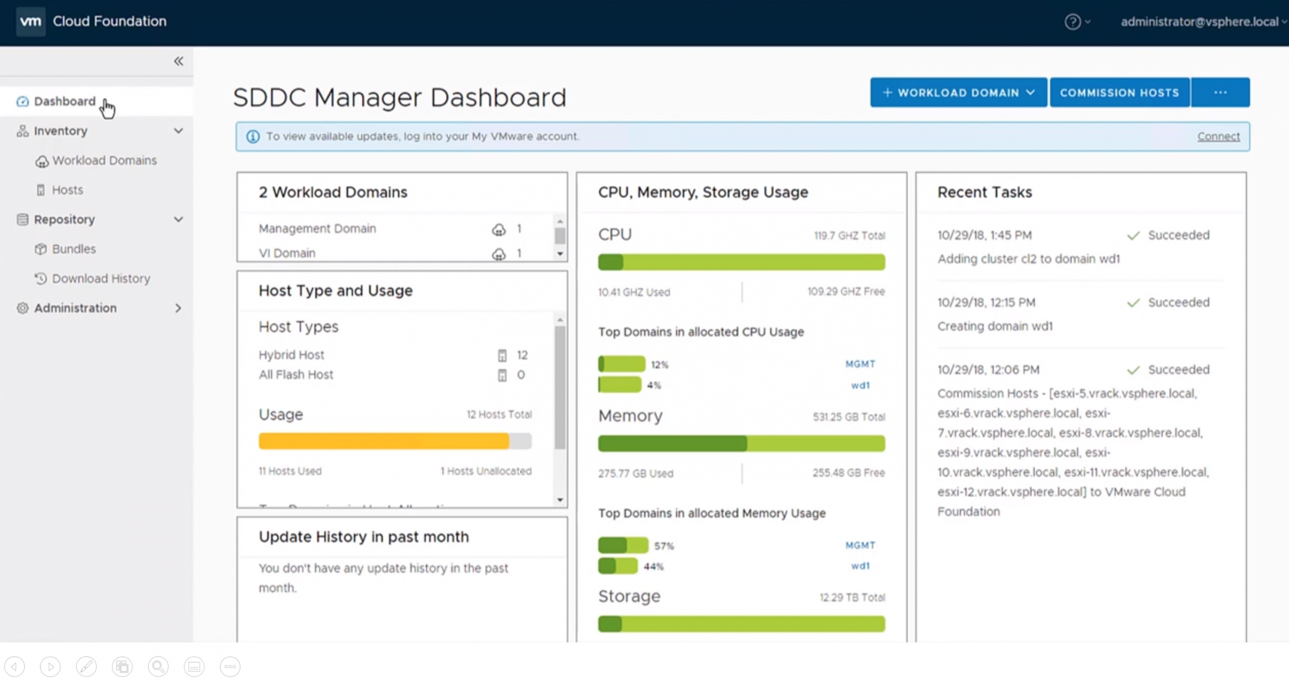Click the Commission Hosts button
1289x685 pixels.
click(x=1119, y=93)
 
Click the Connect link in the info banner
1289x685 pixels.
click(x=1219, y=136)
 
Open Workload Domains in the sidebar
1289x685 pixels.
click(x=105, y=160)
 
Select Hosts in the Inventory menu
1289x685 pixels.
click(x=67, y=190)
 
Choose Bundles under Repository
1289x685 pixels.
click(x=74, y=249)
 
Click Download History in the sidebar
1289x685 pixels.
click(x=101, y=279)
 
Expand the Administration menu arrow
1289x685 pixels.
click(x=178, y=308)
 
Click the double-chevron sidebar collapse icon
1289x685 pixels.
click(x=178, y=61)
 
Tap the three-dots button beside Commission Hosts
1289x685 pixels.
click(x=1221, y=93)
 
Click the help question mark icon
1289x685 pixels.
click(x=1072, y=22)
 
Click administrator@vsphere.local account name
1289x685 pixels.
click(x=1199, y=22)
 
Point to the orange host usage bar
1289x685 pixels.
click(x=384, y=441)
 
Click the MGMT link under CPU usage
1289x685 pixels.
click(x=860, y=364)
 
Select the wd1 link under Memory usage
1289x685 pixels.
click(x=860, y=566)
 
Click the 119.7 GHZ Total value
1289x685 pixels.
click(x=849, y=235)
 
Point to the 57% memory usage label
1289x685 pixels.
click(x=664, y=546)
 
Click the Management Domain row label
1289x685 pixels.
click(x=317, y=228)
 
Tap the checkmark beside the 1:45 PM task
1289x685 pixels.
click(x=1133, y=235)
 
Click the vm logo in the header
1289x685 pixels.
click(x=31, y=22)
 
